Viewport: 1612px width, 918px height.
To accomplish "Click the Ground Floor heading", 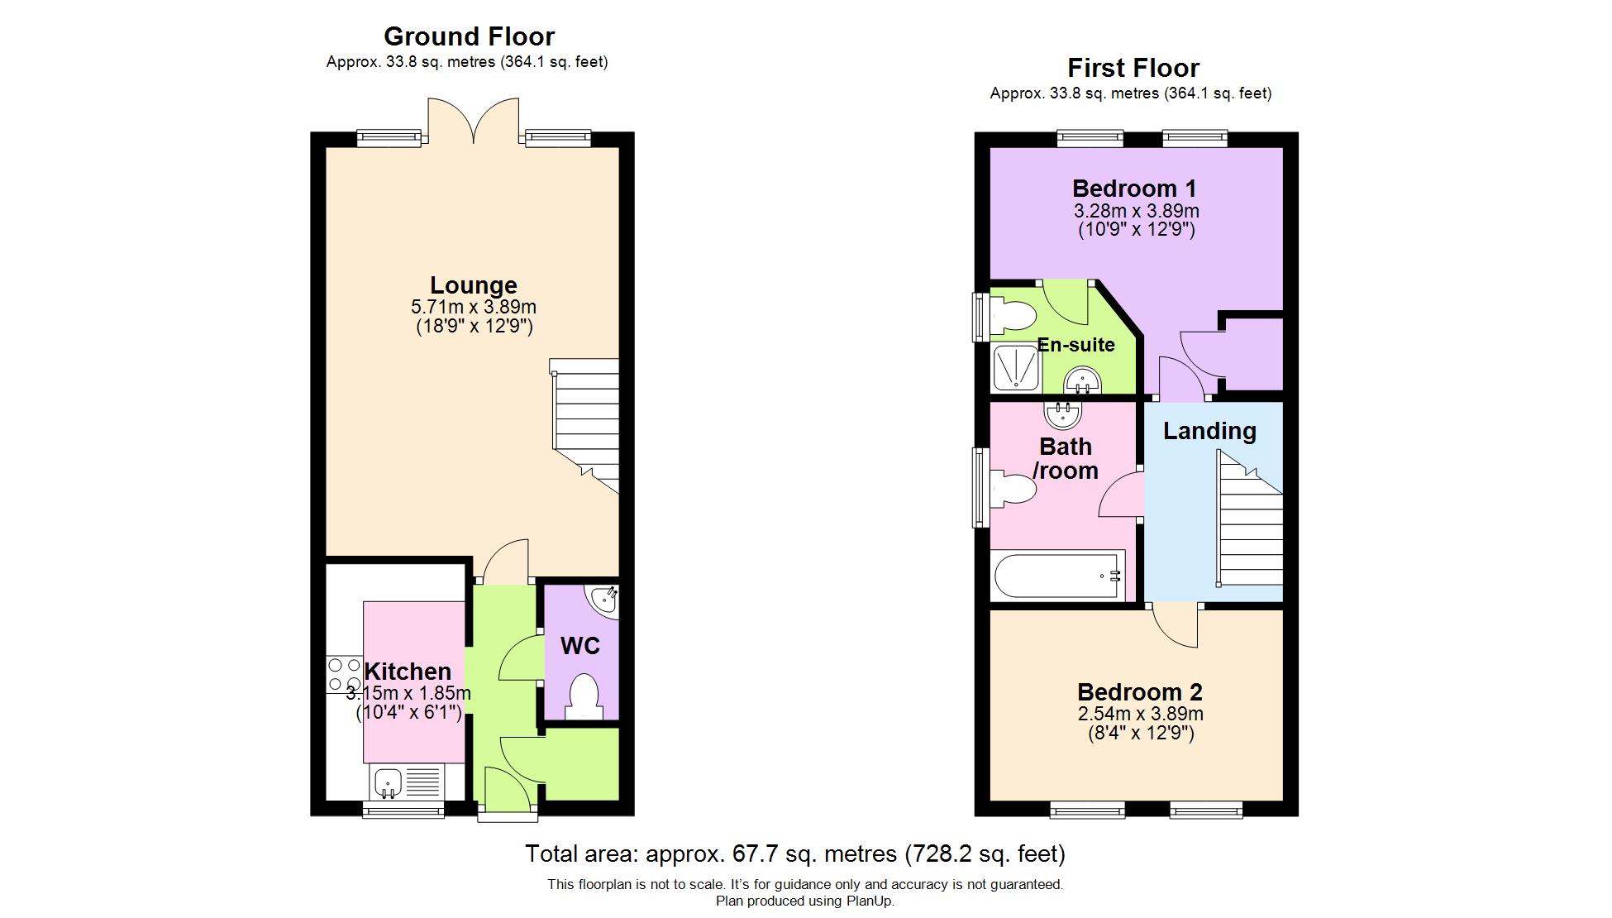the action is click(x=469, y=36).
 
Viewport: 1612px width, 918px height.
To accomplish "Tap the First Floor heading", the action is click(x=1133, y=68).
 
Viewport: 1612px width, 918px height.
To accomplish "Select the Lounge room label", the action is click(x=474, y=285).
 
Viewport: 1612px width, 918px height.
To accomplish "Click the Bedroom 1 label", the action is click(x=1134, y=189).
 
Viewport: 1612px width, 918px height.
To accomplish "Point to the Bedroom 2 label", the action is click(x=1139, y=692).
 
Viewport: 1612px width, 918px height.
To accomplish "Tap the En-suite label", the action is click(x=1075, y=345).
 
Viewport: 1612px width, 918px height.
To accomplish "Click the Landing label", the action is click(x=1209, y=431).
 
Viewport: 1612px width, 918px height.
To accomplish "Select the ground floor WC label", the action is click(x=580, y=646).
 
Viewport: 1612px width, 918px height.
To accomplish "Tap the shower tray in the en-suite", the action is click(x=1016, y=368).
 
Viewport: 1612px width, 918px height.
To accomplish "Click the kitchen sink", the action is click(x=406, y=782).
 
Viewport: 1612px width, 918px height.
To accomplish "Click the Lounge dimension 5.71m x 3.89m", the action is click(x=474, y=307).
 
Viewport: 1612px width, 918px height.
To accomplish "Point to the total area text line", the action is click(x=795, y=853).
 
